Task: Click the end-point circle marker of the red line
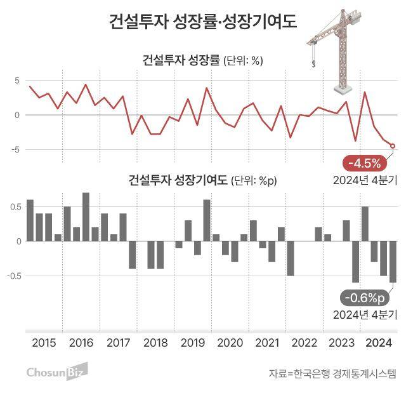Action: coord(393,146)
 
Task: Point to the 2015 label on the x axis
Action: coord(44,343)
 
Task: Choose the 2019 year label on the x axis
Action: coord(193,343)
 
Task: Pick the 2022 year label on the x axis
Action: coord(304,343)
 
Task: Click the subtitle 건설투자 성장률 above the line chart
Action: coord(181,61)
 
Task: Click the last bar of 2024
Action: coord(393,262)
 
